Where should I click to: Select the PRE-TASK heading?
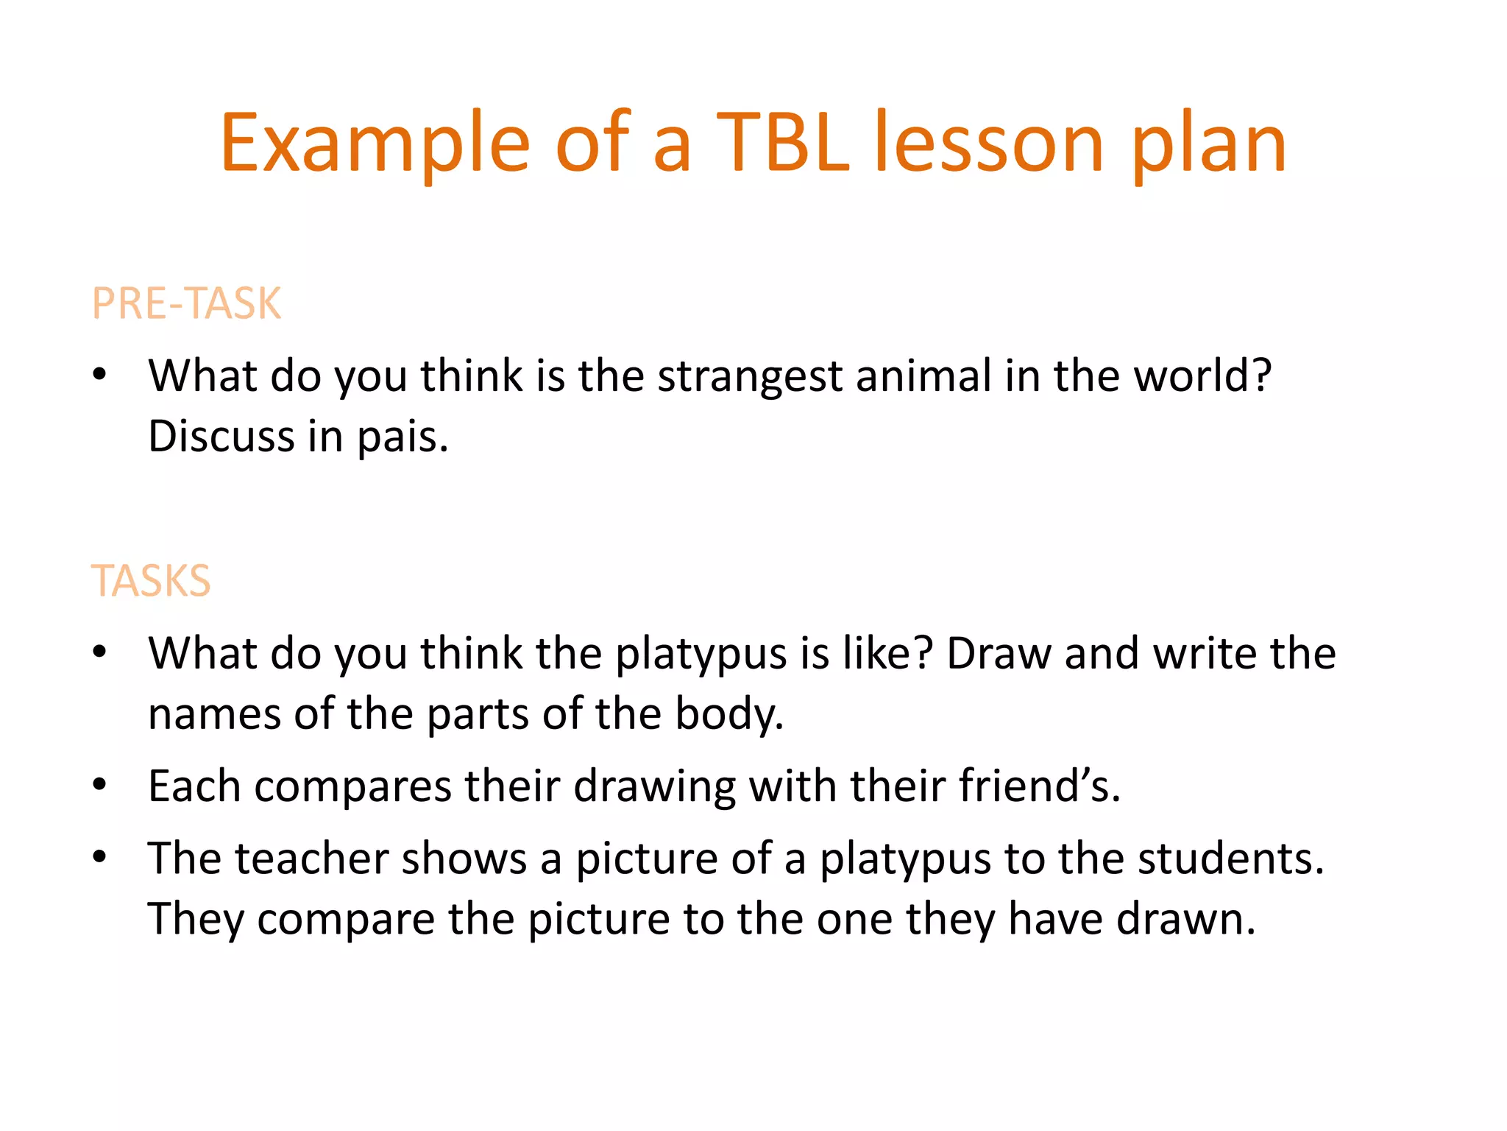(x=186, y=303)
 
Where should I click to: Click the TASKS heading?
(x=151, y=580)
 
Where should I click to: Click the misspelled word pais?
(x=402, y=437)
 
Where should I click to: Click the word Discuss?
(x=221, y=437)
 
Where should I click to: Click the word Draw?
(x=999, y=653)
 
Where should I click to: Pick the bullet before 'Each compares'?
(x=100, y=784)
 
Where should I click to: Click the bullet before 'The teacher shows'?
(x=100, y=856)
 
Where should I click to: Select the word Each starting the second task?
(x=194, y=786)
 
